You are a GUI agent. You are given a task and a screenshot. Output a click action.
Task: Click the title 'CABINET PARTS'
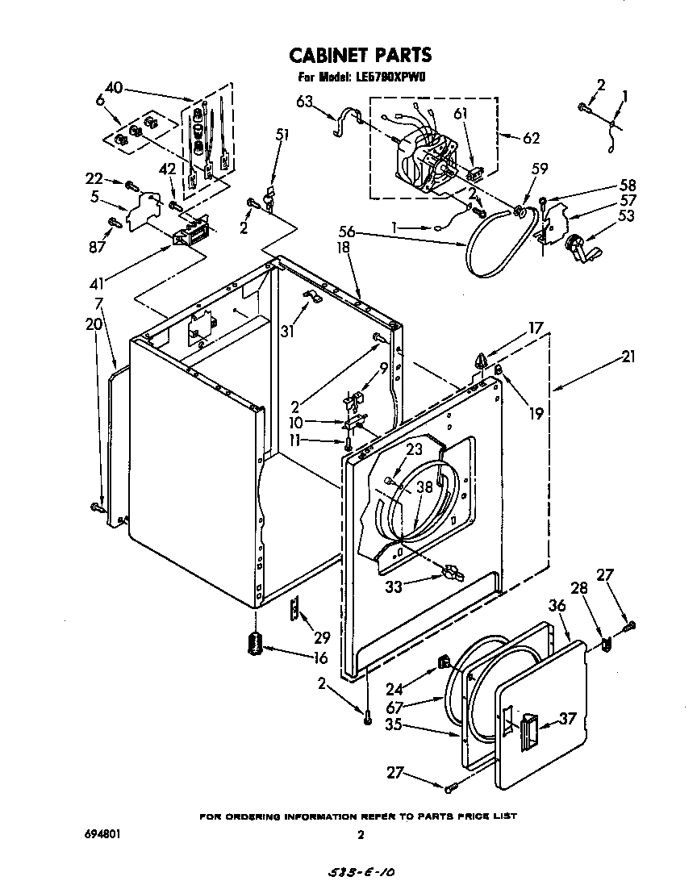(360, 55)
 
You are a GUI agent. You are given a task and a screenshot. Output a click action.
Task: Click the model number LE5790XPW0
(390, 78)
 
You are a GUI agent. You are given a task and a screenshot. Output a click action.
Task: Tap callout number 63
(304, 101)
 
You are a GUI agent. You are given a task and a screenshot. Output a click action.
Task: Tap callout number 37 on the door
(567, 718)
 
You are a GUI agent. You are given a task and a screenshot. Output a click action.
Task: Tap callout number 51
(282, 135)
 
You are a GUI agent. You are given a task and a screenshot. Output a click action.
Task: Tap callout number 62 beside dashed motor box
(531, 137)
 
